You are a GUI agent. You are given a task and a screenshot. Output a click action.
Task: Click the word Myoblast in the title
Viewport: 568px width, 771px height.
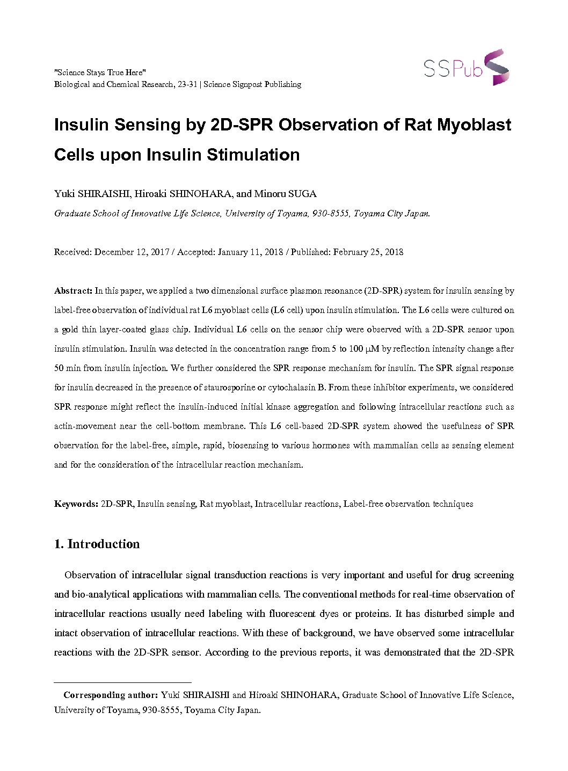point(474,125)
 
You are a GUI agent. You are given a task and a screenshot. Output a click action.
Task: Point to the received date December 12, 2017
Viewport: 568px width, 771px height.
point(132,252)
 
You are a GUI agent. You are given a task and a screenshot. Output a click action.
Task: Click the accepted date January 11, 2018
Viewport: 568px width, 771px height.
point(250,252)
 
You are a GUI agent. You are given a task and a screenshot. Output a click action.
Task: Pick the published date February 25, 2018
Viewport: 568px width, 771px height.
point(368,252)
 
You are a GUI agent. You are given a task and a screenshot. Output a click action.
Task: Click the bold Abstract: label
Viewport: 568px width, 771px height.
point(73,291)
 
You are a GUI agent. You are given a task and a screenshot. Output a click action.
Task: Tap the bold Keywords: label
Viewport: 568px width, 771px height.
point(76,504)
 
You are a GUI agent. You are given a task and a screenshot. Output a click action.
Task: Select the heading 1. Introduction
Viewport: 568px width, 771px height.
point(97,544)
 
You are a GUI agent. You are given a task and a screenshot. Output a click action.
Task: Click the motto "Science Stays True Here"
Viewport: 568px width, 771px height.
point(100,72)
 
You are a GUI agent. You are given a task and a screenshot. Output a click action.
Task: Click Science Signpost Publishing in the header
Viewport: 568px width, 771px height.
point(252,84)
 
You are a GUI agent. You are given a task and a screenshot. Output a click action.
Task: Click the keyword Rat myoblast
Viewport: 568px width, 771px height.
point(225,504)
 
